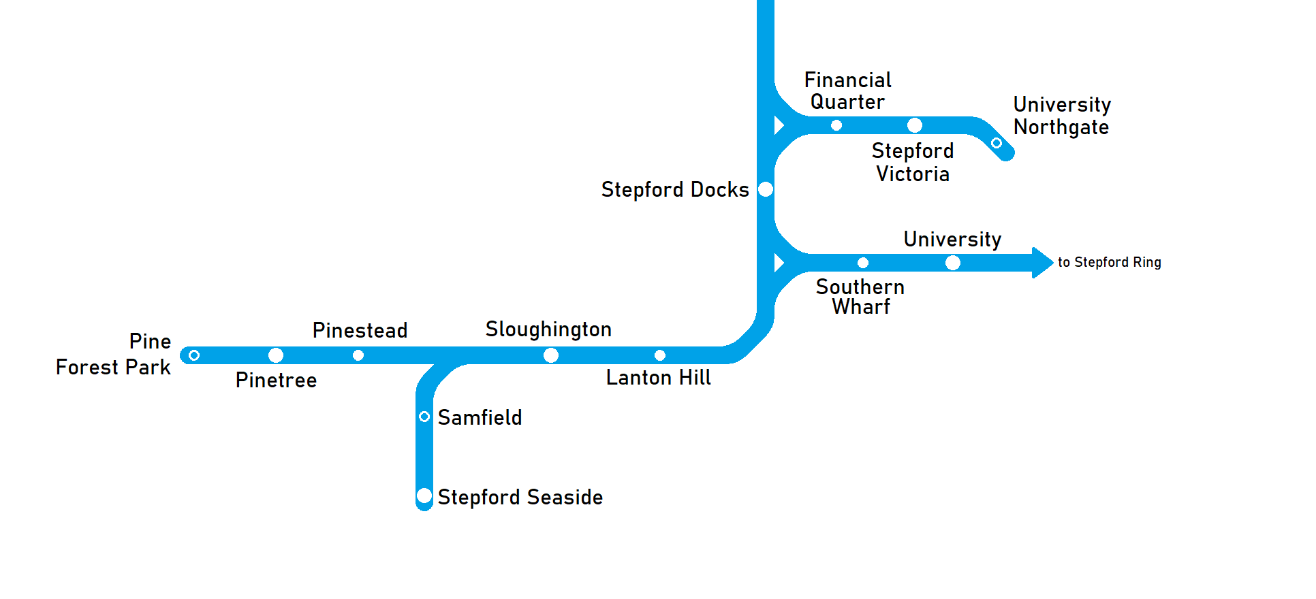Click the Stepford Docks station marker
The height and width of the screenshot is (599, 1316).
click(766, 189)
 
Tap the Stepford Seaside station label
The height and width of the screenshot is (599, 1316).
click(520, 498)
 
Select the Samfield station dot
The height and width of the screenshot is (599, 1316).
click(424, 417)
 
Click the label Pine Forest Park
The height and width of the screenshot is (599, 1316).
click(114, 355)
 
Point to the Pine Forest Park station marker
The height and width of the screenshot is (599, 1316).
click(194, 355)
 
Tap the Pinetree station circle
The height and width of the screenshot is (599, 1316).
click(276, 355)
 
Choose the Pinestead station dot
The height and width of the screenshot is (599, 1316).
click(358, 355)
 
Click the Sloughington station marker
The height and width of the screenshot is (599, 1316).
click(551, 355)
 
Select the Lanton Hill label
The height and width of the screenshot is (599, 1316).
click(658, 378)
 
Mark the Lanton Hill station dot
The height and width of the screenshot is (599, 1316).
click(660, 355)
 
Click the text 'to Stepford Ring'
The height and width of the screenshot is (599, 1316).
click(1109, 263)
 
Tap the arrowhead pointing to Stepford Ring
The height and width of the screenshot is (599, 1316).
click(1042, 263)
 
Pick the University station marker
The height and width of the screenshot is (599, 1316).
click(953, 263)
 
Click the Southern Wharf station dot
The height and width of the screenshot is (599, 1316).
click(863, 263)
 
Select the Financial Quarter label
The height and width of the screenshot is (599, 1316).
click(847, 91)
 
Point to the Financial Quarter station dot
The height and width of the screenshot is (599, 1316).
click(836, 125)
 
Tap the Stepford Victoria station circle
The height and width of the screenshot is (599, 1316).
click(915, 125)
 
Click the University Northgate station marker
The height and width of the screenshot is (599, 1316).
click(997, 143)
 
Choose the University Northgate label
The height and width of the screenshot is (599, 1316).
click(1061, 116)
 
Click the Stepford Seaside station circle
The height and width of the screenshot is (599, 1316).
click(424, 496)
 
